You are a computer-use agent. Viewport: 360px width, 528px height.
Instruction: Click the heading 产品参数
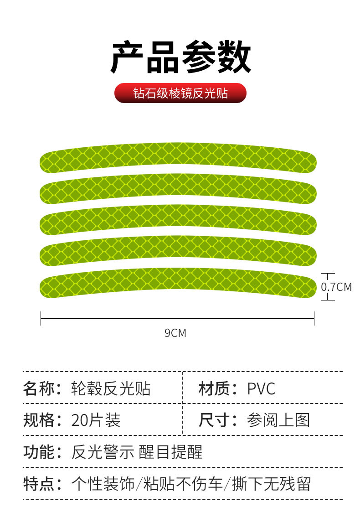pyautogui.click(x=180, y=58)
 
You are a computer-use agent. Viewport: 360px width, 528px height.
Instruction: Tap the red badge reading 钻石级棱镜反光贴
pyautogui.click(x=180, y=93)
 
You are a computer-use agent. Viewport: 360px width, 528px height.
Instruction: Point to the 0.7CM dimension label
pyautogui.click(x=336, y=287)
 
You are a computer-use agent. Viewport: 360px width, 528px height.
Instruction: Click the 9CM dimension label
pyautogui.click(x=175, y=333)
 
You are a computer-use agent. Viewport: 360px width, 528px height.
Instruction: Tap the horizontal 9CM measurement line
pyautogui.click(x=177, y=318)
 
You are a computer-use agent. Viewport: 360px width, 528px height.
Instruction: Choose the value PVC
pyautogui.click(x=261, y=389)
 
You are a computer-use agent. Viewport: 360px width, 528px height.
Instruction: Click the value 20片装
pyautogui.click(x=96, y=419)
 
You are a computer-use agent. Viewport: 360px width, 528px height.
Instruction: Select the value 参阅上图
pyautogui.click(x=278, y=419)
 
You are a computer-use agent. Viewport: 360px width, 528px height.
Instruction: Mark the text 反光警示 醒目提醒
pyautogui.click(x=137, y=451)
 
